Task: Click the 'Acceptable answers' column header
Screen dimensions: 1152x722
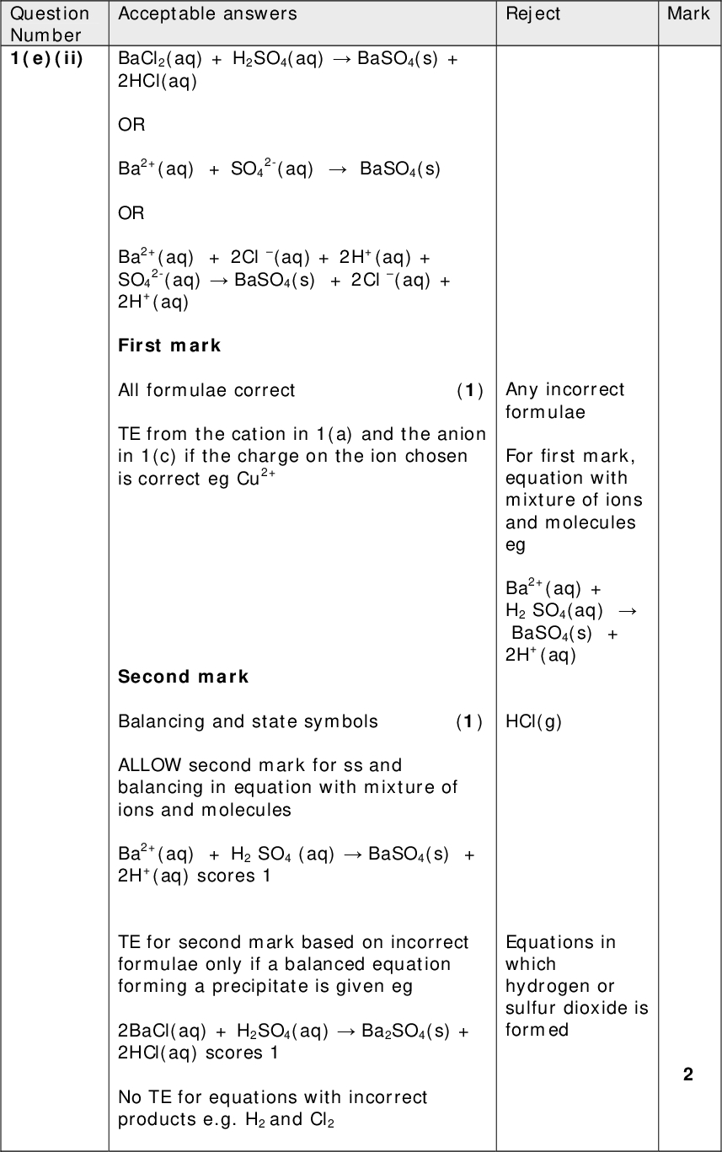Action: (207, 13)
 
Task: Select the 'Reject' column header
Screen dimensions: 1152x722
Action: (532, 13)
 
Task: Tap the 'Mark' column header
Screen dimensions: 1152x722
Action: (688, 13)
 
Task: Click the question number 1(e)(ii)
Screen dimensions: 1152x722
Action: (47, 59)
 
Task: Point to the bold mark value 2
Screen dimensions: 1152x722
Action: (688, 1074)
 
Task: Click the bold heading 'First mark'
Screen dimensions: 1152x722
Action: (169, 346)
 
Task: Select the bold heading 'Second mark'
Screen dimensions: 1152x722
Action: (183, 677)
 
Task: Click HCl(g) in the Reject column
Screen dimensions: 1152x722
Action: (533, 721)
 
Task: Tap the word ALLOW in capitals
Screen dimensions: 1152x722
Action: (150, 765)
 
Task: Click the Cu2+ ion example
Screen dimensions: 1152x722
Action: (257, 478)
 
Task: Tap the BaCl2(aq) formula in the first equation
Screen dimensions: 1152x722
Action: (159, 59)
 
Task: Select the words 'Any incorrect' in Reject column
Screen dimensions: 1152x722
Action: (564, 389)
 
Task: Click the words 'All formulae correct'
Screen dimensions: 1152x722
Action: (206, 390)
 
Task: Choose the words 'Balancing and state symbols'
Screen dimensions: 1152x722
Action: (248, 721)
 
